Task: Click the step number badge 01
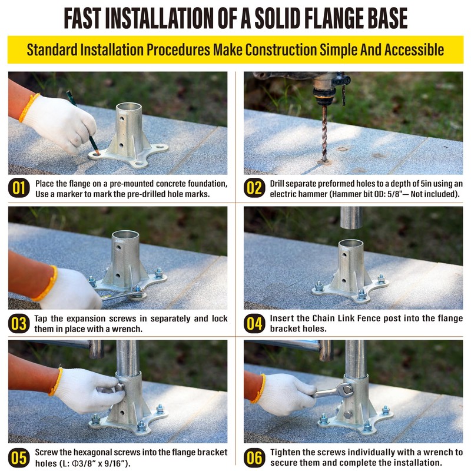coord(19,188)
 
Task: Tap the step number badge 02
coord(254,188)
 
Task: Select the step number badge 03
coord(19,323)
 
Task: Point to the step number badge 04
coord(254,323)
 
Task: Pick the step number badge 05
coord(19,458)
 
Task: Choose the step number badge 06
coord(254,458)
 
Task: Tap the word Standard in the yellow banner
coord(52,49)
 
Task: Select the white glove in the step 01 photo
coord(59,123)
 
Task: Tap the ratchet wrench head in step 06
coord(346,390)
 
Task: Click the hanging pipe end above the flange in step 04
coord(351,218)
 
